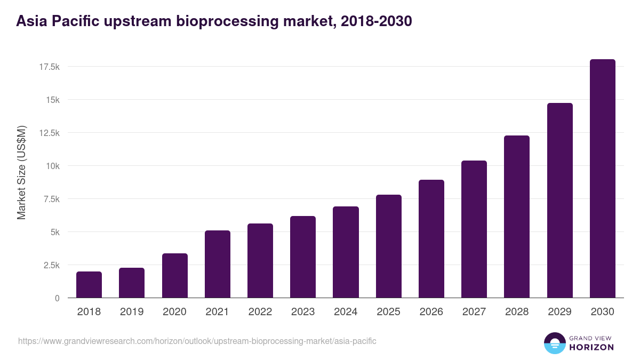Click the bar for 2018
pyautogui.click(x=89, y=285)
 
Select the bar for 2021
pyautogui.click(x=217, y=264)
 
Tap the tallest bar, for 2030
pyautogui.click(x=602, y=179)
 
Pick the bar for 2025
pyautogui.click(x=388, y=246)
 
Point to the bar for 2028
pyautogui.click(x=517, y=217)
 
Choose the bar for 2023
pyautogui.click(x=303, y=257)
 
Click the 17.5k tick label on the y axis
pyautogui.click(x=49, y=67)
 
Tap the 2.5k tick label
pyautogui.click(x=51, y=265)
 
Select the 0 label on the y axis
pyautogui.click(x=57, y=298)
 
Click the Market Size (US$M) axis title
pyautogui.click(x=21, y=172)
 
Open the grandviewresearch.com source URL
pyautogui.click(x=197, y=341)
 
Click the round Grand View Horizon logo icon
pyautogui.click(x=555, y=343)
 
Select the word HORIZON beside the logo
pyautogui.click(x=591, y=347)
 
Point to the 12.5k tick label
pyautogui.click(x=49, y=133)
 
